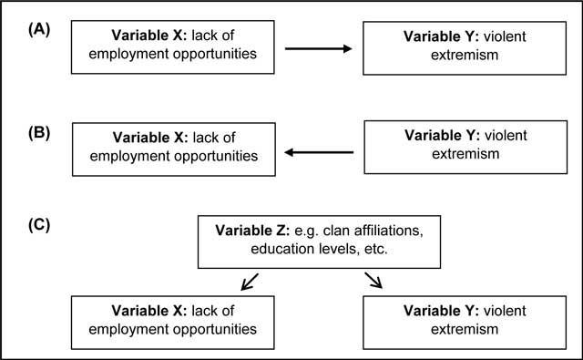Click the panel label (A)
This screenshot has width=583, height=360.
39,29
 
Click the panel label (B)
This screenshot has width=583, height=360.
39,133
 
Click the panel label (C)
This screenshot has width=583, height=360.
39,225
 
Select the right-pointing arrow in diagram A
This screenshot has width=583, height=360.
318,48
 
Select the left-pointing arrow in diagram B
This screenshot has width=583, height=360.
319,152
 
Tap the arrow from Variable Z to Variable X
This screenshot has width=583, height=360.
250,282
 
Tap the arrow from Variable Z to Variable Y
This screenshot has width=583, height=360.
373,280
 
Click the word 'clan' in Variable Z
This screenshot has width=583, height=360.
336,231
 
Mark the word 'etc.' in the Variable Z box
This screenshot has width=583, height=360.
376,249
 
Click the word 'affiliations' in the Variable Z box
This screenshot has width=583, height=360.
389,231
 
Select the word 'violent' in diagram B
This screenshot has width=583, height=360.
506,136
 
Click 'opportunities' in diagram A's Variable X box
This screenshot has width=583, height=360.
215,55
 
